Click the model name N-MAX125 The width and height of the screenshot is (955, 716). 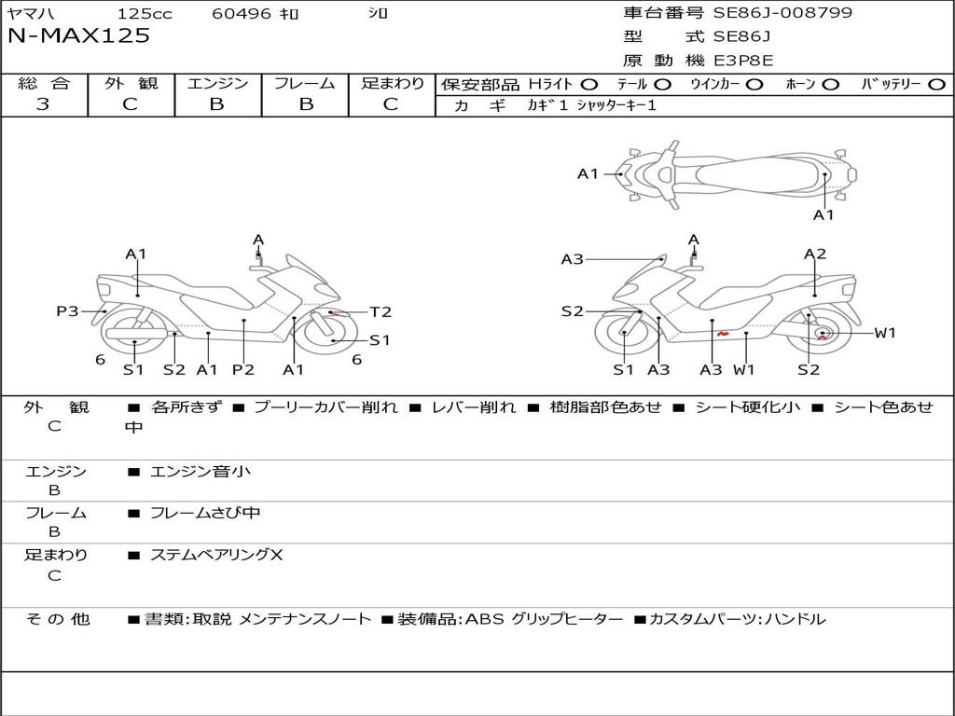click(x=78, y=36)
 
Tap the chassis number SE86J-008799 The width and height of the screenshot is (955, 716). click(x=782, y=13)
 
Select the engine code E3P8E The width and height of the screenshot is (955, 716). click(x=743, y=61)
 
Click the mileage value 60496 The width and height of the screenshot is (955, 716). click(x=241, y=14)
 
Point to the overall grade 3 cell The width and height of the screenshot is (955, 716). click(x=43, y=104)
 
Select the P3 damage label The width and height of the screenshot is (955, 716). click(x=67, y=311)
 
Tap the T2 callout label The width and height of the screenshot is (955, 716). click(x=381, y=312)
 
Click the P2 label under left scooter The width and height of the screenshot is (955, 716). click(x=243, y=369)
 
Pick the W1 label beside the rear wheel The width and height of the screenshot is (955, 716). click(x=884, y=333)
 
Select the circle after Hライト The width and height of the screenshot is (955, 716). click(x=589, y=85)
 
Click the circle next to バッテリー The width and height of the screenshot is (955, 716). click(x=936, y=85)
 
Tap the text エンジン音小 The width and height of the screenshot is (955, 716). click(x=201, y=472)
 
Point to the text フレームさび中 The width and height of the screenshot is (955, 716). click(x=205, y=513)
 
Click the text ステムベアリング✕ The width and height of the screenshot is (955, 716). click(x=216, y=555)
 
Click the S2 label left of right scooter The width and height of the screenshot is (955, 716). click(x=572, y=311)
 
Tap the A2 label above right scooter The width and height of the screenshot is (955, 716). click(x=815, y=254)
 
